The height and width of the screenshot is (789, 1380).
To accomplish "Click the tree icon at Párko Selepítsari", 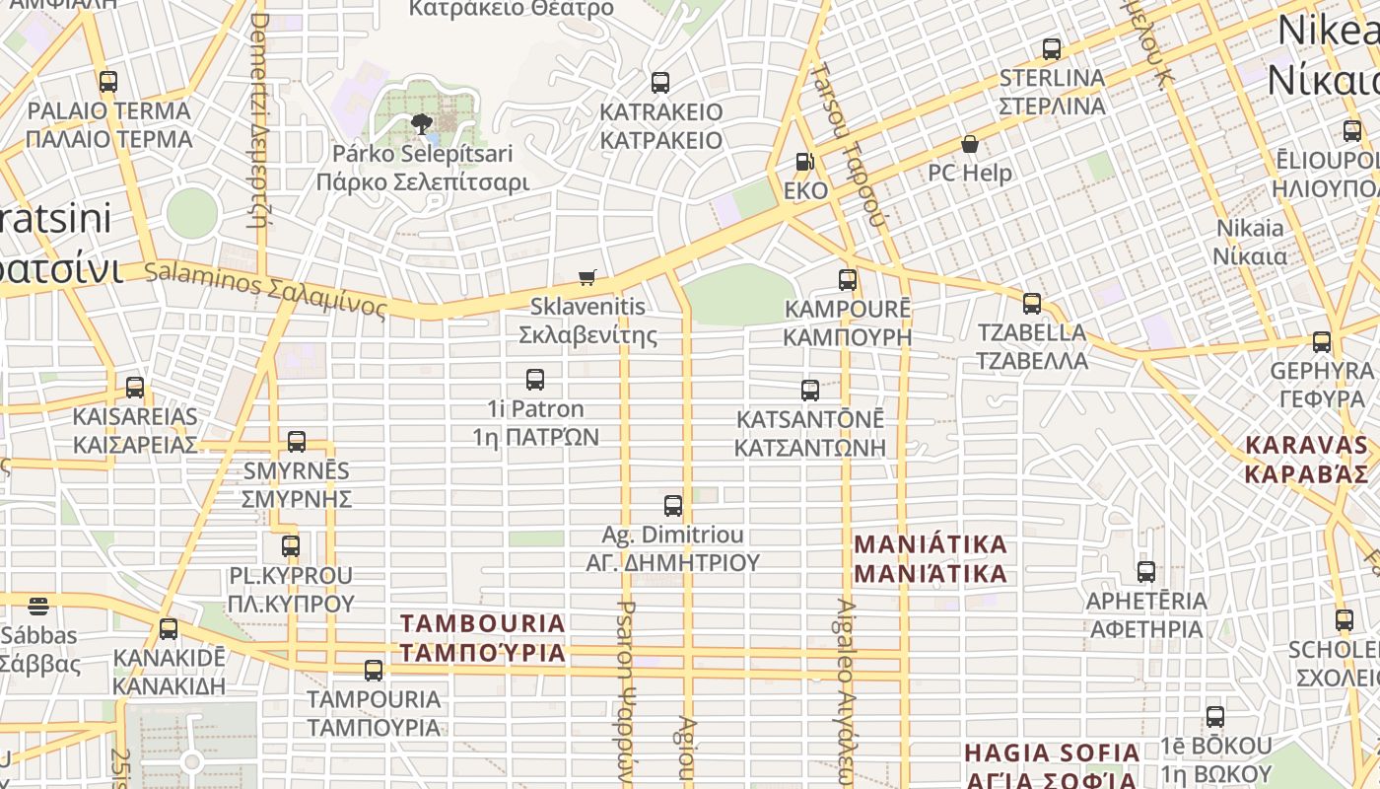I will tap(422, 124).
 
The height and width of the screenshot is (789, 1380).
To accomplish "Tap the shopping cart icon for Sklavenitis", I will tap(587, 277).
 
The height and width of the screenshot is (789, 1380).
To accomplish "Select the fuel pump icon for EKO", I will tap(805, 162).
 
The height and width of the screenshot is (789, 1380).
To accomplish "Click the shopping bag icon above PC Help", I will tap(970, 144).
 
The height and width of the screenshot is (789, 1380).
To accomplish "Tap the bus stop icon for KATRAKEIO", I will tap(660, 83).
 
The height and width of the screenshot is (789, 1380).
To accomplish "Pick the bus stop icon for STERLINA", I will tap(1052, 49).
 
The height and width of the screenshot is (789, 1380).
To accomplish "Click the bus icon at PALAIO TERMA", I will tap(108, 82).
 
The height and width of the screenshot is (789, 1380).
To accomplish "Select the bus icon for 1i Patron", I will tap(535, 380).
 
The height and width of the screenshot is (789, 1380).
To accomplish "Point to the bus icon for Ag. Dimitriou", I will tap(673, 506).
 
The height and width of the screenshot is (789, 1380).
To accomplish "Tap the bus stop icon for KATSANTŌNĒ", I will tap(810, 391).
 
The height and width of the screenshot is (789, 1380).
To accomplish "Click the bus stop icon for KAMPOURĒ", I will tap(848, 280).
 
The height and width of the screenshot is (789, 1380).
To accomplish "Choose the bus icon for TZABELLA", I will tap(1032, 304).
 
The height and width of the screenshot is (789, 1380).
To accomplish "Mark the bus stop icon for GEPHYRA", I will tap(1322, 342).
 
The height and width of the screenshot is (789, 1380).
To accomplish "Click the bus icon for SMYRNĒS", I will tap(297, 442).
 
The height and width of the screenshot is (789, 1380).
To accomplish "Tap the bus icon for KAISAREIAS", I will tap(135, 388).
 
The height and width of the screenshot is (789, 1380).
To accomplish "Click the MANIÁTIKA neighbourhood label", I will tap(931, 558).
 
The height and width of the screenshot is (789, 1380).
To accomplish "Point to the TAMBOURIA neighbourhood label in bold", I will tap(483, 637).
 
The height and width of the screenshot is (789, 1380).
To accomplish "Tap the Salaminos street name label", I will tap(266, 288).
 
